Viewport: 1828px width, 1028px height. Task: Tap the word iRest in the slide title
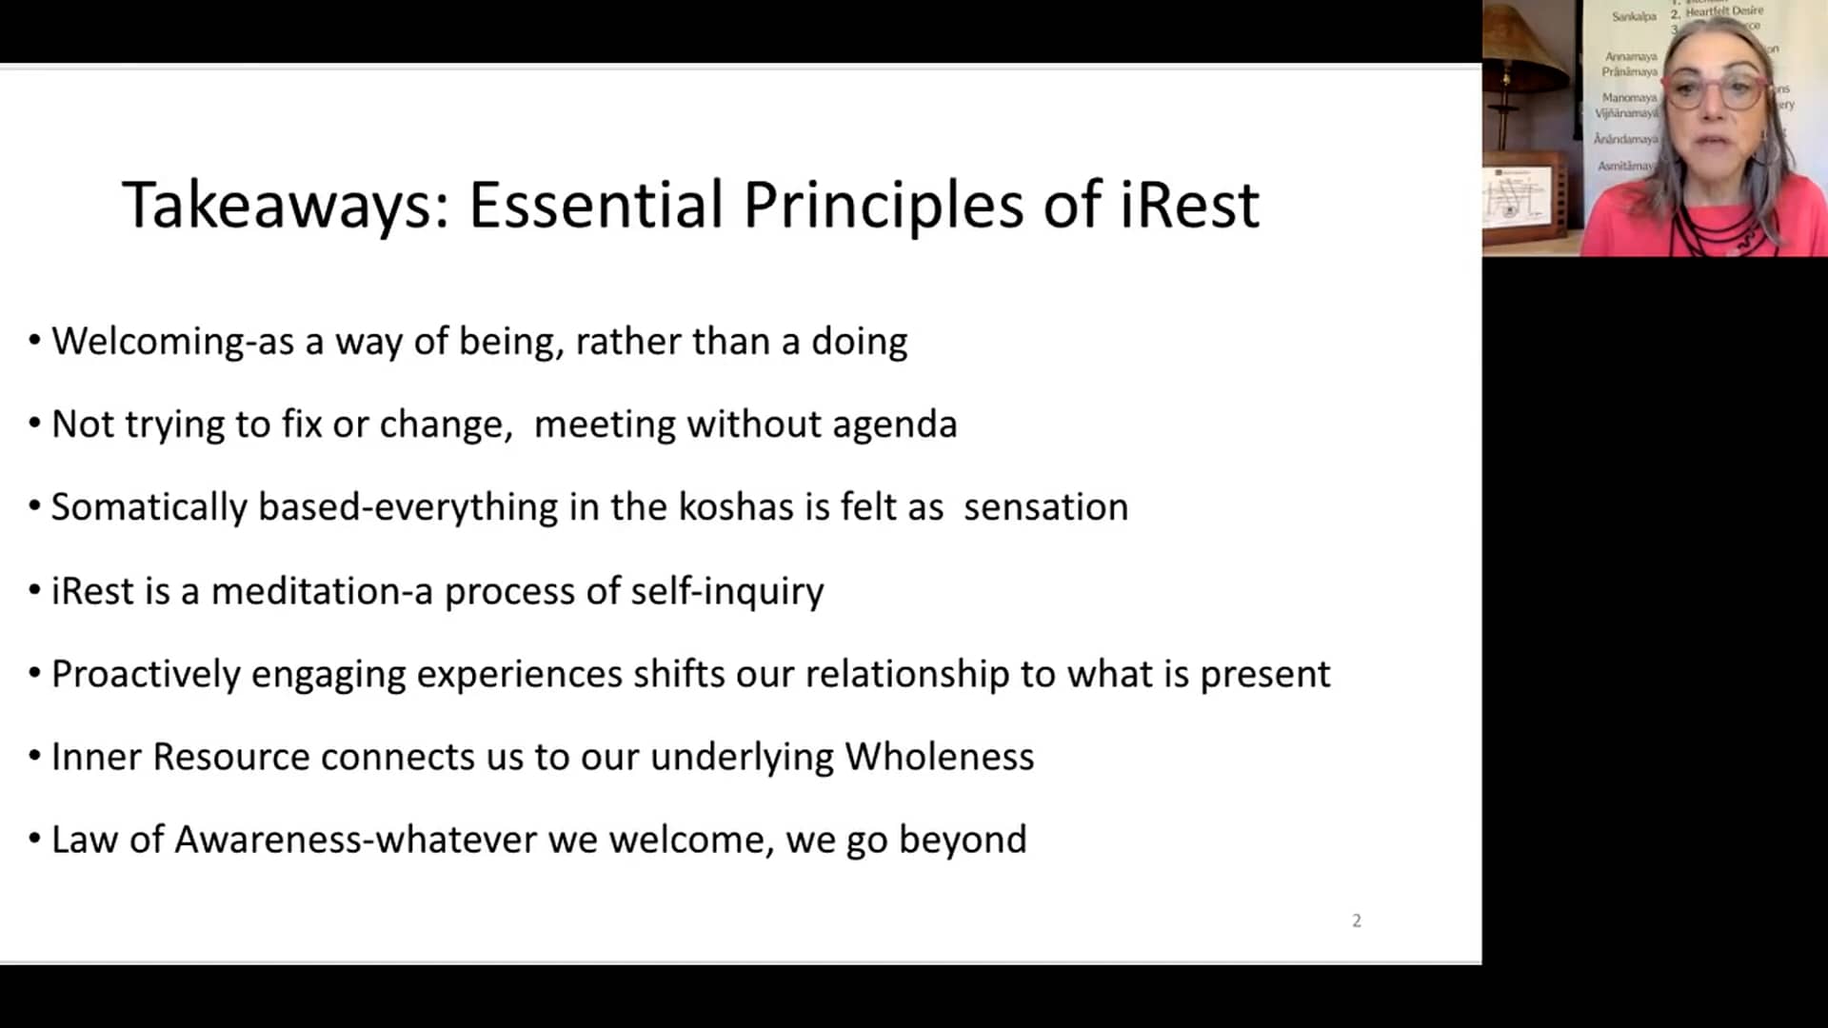1189,206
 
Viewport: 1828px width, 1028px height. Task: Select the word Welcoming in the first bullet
148,342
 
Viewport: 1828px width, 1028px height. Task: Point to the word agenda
894,425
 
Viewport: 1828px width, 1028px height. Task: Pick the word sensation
1045,507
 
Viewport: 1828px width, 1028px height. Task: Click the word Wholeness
939,758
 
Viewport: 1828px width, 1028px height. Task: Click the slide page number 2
1357,920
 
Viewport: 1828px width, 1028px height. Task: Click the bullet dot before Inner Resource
34,757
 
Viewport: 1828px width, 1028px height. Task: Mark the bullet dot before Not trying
34,424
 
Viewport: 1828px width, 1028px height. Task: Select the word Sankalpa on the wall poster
1634,16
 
